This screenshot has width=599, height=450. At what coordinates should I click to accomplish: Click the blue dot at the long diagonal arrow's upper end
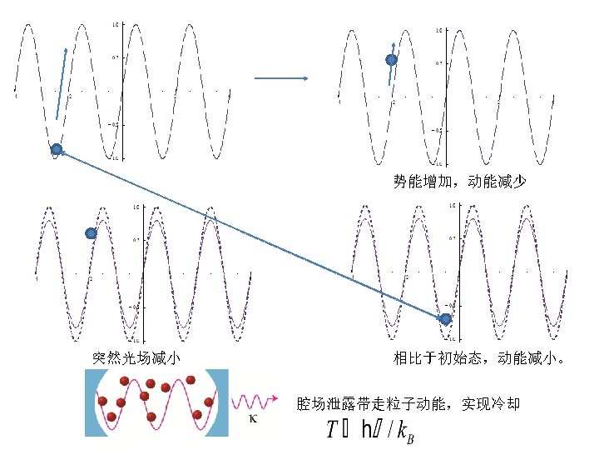(57, 150)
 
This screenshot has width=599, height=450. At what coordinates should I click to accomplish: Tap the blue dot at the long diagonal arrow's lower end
(446, 319)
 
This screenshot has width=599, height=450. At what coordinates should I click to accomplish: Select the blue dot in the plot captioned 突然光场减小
(92, 234)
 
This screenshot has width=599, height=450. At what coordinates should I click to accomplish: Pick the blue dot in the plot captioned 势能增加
(391, 60)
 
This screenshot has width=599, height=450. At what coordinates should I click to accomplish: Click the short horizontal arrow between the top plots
(281, 78)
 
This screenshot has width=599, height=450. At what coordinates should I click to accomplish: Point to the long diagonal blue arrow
(250, 234)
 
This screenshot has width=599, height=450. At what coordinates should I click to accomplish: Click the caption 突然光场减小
(136, 358)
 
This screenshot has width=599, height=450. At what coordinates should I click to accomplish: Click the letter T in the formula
(332, 430)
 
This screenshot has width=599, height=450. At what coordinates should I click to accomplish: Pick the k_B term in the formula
(403, 432)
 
